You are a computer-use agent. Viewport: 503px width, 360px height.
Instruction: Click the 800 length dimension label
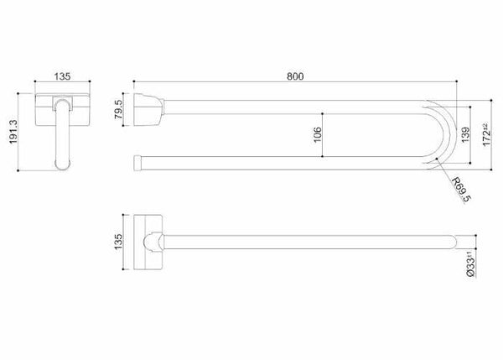click(x=295, y=76)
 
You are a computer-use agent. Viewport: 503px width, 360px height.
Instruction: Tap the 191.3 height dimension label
click(x=13, y=132)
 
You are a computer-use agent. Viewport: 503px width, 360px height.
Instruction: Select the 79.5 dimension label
click(x=118, y=109)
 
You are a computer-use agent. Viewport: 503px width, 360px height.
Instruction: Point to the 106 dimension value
click(x=317, y=135)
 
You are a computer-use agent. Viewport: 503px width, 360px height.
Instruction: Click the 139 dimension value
click(x=465, y=135)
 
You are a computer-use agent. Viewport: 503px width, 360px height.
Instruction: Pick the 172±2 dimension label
click(x=487, y=135)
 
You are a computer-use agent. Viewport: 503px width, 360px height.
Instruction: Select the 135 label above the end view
click(x=62, y=76)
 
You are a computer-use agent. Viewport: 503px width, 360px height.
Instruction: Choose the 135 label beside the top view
click(x=118, y=242)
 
